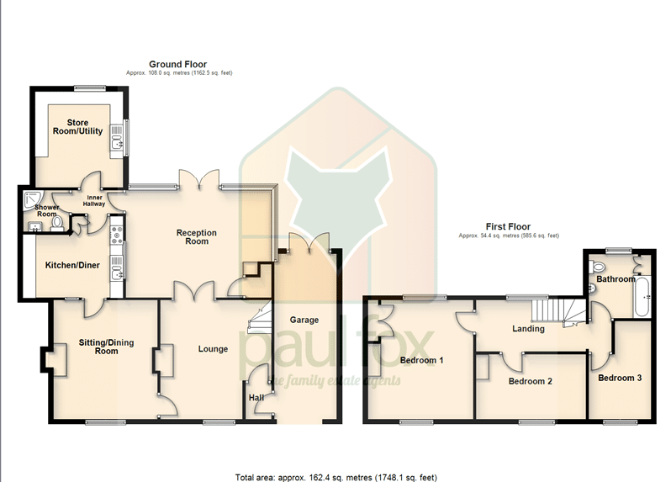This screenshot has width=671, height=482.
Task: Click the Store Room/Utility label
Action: tap(77, 127)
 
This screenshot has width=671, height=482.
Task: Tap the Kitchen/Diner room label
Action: tap(72, 266)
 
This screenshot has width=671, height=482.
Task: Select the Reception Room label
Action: tap(197, 236)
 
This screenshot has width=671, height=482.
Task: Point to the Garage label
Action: tap(304, 320)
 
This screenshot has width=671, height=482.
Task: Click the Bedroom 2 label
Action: tap(531, 381)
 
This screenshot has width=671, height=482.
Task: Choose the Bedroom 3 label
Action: tap(620, 378)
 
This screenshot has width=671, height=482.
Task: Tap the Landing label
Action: tap(529, 329)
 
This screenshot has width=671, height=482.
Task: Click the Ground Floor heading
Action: tap(177, 64)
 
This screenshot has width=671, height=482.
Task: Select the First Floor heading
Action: tap(508, 226)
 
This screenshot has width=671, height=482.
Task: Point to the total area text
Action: tap(336, 477)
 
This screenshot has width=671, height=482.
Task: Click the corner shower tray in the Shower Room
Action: tap(32, 199)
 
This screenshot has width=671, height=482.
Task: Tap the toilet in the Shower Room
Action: tap(56, 224)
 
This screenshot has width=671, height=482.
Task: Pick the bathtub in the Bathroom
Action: tap(642, 296)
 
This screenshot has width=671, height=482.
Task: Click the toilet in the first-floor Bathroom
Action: tap(596, 267)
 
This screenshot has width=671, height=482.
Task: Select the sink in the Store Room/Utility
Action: tap(116, 138)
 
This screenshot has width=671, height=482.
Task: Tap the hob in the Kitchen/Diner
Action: tap(116, 236)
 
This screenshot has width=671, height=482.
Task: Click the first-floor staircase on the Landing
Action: tap(559, 312)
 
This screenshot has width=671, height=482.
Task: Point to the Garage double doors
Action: tap(309, 241)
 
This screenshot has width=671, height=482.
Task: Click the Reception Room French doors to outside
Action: tap(199, 179)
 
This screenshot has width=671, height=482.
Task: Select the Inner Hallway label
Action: tap(94, 201)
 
